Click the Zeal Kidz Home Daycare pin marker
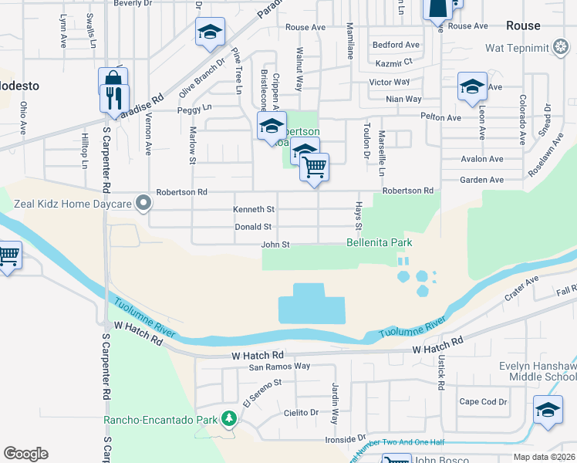143,204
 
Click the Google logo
25,454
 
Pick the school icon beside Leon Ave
471,86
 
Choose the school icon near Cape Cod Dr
548,409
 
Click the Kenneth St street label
254,209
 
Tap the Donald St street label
253,227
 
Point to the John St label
275,245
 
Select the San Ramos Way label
278,366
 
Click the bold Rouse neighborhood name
523,25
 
